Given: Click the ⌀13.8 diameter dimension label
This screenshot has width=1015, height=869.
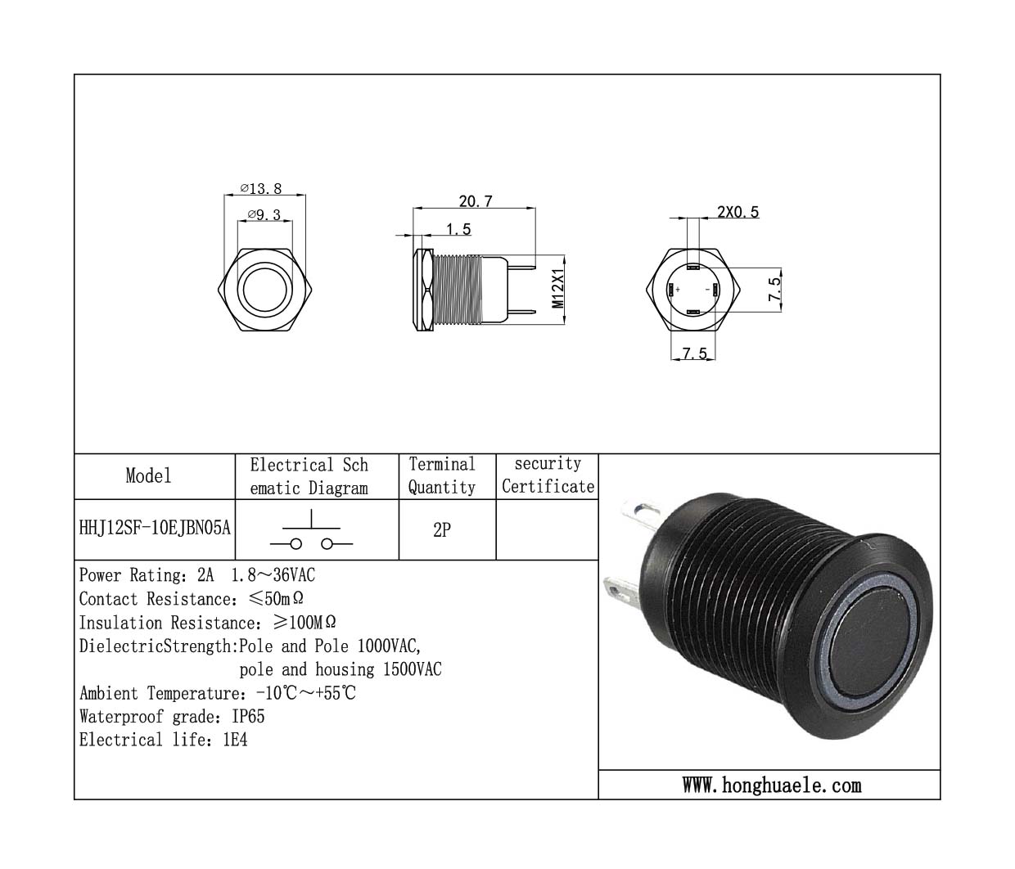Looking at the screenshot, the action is (261, 188).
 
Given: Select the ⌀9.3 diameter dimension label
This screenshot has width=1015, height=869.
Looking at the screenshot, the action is (264, 214).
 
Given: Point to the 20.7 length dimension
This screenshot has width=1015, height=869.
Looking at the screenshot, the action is (476, 201).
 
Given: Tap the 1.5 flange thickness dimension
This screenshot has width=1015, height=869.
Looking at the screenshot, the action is (458, 229).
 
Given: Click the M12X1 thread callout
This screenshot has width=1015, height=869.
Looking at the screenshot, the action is (557, 289).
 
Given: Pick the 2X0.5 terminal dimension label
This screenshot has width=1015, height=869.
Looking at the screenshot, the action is (738, 212).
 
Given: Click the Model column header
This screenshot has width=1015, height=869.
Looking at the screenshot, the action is (148, 475).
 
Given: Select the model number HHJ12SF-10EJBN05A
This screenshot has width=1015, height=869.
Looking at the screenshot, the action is (155, 528).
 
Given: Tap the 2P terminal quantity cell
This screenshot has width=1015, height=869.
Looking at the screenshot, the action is (442, 529).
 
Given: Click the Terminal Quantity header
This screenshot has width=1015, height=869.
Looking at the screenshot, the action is (442, 475).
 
